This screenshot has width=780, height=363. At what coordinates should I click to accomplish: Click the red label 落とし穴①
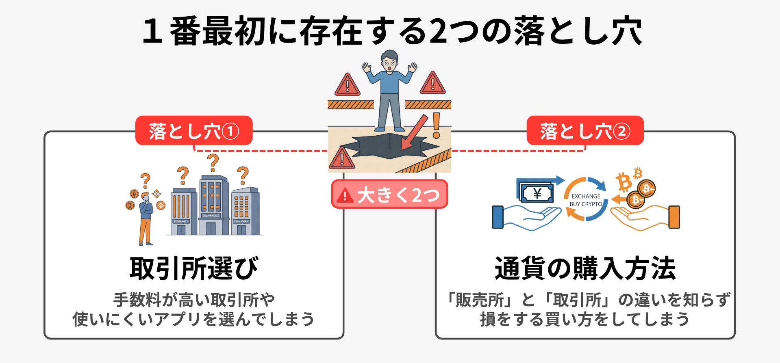[x=194, y=131]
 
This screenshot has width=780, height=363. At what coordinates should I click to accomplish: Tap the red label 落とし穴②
[x=585, y=131]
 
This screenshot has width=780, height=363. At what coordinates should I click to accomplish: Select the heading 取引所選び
[x=194, y=268]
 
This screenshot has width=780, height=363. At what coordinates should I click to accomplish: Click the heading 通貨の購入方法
[x=585, y=268]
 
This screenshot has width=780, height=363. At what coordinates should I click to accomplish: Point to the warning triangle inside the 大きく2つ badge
[x=345, y=195]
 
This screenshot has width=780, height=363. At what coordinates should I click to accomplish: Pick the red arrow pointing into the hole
[x=415, y=132]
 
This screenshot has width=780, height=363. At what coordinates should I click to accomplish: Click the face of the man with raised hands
[x=389, y=64]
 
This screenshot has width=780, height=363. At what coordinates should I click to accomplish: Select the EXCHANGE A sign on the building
[x=181, y=221]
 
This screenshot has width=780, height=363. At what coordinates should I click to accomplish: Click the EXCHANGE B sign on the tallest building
[x=211, y=216]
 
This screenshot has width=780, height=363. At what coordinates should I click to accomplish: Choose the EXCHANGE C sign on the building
[x=241, y=221]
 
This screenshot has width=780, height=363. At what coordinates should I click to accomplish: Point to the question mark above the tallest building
[x=213, y=162]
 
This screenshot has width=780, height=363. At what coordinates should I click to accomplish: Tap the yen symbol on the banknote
[x=537, y=194]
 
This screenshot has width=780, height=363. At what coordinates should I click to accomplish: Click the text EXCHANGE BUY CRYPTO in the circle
[x=586, y=200]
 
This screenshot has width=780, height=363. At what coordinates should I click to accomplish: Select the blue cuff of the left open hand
[x=498, y=217]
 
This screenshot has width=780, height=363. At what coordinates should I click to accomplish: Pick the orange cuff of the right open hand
[x=674, y=217]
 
